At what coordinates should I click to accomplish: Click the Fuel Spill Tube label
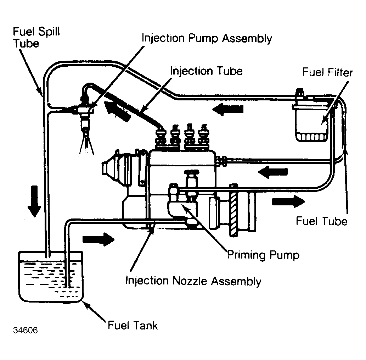36,37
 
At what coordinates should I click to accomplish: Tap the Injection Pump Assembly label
207,39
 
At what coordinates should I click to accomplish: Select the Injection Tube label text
206,71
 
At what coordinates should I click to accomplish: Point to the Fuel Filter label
327,72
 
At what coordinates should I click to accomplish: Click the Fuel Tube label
322,221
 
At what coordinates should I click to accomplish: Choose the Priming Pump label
263,255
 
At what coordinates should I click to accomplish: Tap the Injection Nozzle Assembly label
193,281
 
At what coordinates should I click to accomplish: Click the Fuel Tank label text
133,325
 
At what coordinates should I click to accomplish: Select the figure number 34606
26,330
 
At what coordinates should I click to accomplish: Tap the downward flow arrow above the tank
34,201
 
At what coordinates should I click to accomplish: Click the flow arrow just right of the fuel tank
98,239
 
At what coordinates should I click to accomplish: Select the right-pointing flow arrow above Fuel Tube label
288,201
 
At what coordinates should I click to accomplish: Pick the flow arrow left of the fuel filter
228,109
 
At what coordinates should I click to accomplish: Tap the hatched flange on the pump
233,210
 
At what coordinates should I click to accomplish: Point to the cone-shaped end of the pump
110,168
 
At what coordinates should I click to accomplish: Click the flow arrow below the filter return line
272,172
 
